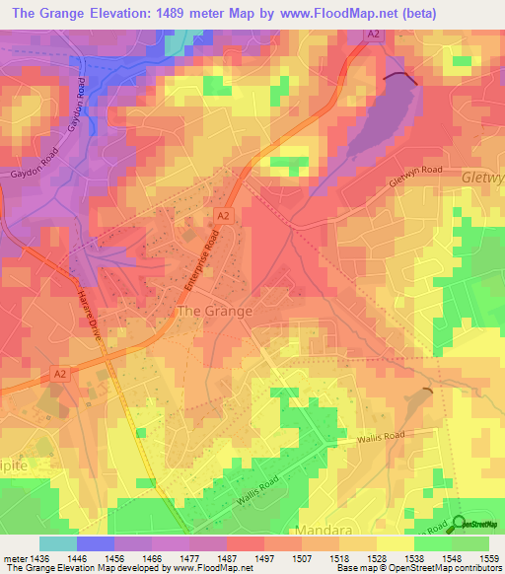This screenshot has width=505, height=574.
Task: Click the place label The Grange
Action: click(214, 311)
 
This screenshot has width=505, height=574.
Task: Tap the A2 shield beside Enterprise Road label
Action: click(223, 214)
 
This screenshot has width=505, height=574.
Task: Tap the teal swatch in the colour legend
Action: click(57, 543)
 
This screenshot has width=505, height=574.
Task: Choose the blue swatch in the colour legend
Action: click(95, 543)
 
